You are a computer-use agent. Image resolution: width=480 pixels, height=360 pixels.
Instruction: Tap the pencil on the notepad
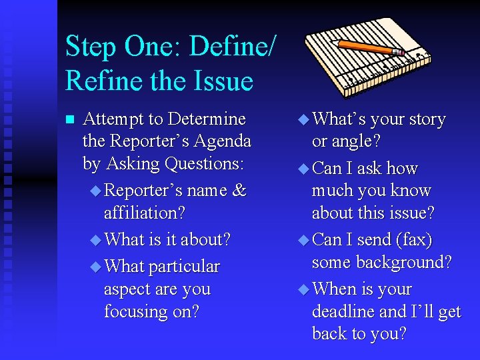371,47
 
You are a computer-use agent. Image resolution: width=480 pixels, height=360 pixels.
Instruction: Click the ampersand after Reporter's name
239,191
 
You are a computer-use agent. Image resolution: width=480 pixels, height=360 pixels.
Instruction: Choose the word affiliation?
144,213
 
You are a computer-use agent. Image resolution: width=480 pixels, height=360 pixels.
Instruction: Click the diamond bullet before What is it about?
95,239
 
